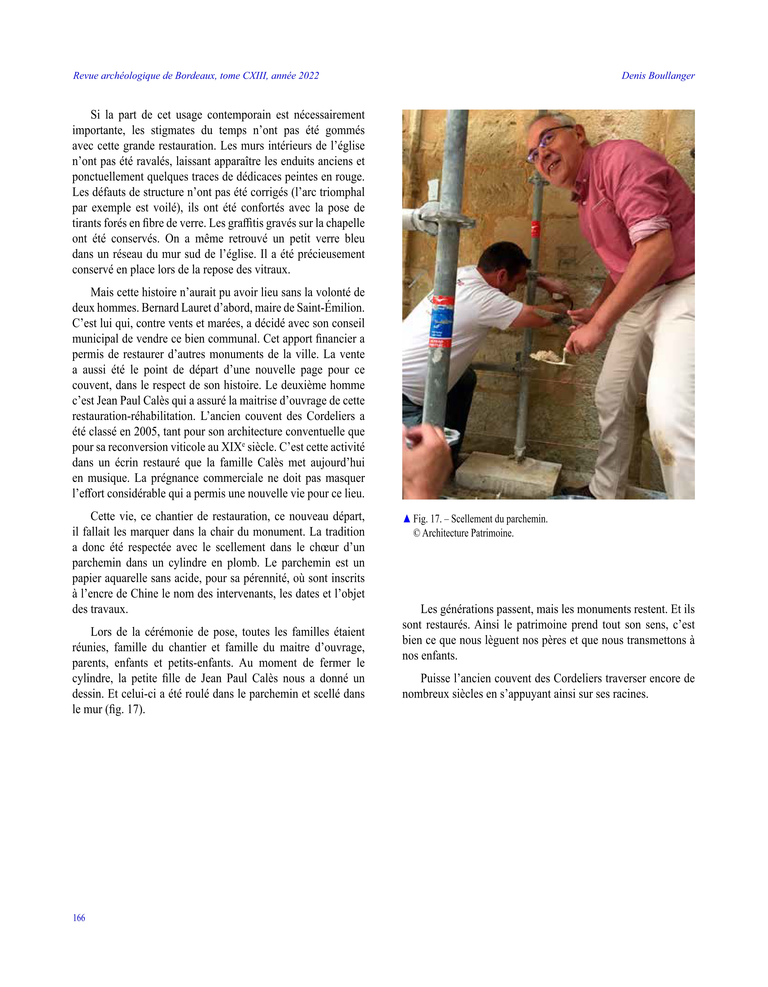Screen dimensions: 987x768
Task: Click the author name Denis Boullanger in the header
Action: click(658, 76)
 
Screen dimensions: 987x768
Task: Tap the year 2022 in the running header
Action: click(308, 76)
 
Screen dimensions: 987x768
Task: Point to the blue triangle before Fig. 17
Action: click(406, 519)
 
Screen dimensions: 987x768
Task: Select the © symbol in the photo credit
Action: click(416, 533)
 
